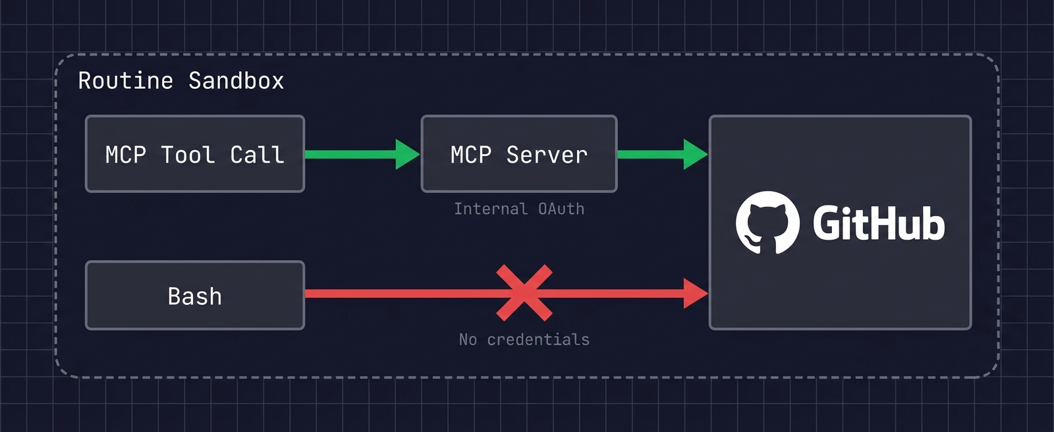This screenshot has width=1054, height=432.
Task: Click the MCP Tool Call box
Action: [x=194, y=154]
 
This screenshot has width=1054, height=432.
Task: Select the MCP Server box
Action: [x=518, y=154]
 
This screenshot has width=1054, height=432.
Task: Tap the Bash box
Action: [x=194, y=296]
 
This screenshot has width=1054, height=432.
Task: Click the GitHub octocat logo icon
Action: [x=767, y=223]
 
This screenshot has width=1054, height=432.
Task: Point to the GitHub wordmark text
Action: [x=878, y=224]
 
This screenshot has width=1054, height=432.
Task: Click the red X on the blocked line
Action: [x=524, y=293]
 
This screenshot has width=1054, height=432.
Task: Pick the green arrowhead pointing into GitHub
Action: [x=695, y=154]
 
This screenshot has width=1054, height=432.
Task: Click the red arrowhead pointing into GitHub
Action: [x=695, y=293]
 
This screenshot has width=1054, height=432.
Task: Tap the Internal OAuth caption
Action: [x=519, y=209]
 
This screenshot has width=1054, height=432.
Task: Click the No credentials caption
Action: [x=524, y=339]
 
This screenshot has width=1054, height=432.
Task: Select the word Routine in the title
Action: [x=126, y=80]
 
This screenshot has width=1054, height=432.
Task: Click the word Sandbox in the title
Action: [x=236, y=80]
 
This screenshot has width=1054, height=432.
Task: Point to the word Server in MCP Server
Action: [x=546, y=155]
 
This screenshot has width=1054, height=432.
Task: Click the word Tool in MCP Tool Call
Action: [x=188, y=155]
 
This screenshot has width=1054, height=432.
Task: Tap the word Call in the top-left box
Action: [x=257, y=155]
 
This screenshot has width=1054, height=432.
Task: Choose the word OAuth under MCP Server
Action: [x=561, y=209]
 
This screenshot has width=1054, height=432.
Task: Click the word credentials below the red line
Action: [x=538, y=339]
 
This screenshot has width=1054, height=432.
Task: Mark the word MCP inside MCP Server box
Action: [x=471, y=155]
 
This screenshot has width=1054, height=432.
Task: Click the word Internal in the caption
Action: [x=491, y=209]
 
